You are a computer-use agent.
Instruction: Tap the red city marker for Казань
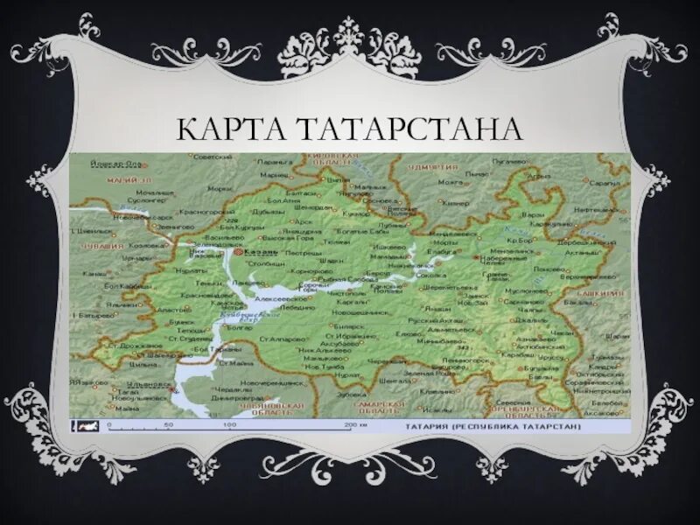237,251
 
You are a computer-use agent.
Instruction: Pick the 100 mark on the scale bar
228,424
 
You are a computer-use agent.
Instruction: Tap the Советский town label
211,157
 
